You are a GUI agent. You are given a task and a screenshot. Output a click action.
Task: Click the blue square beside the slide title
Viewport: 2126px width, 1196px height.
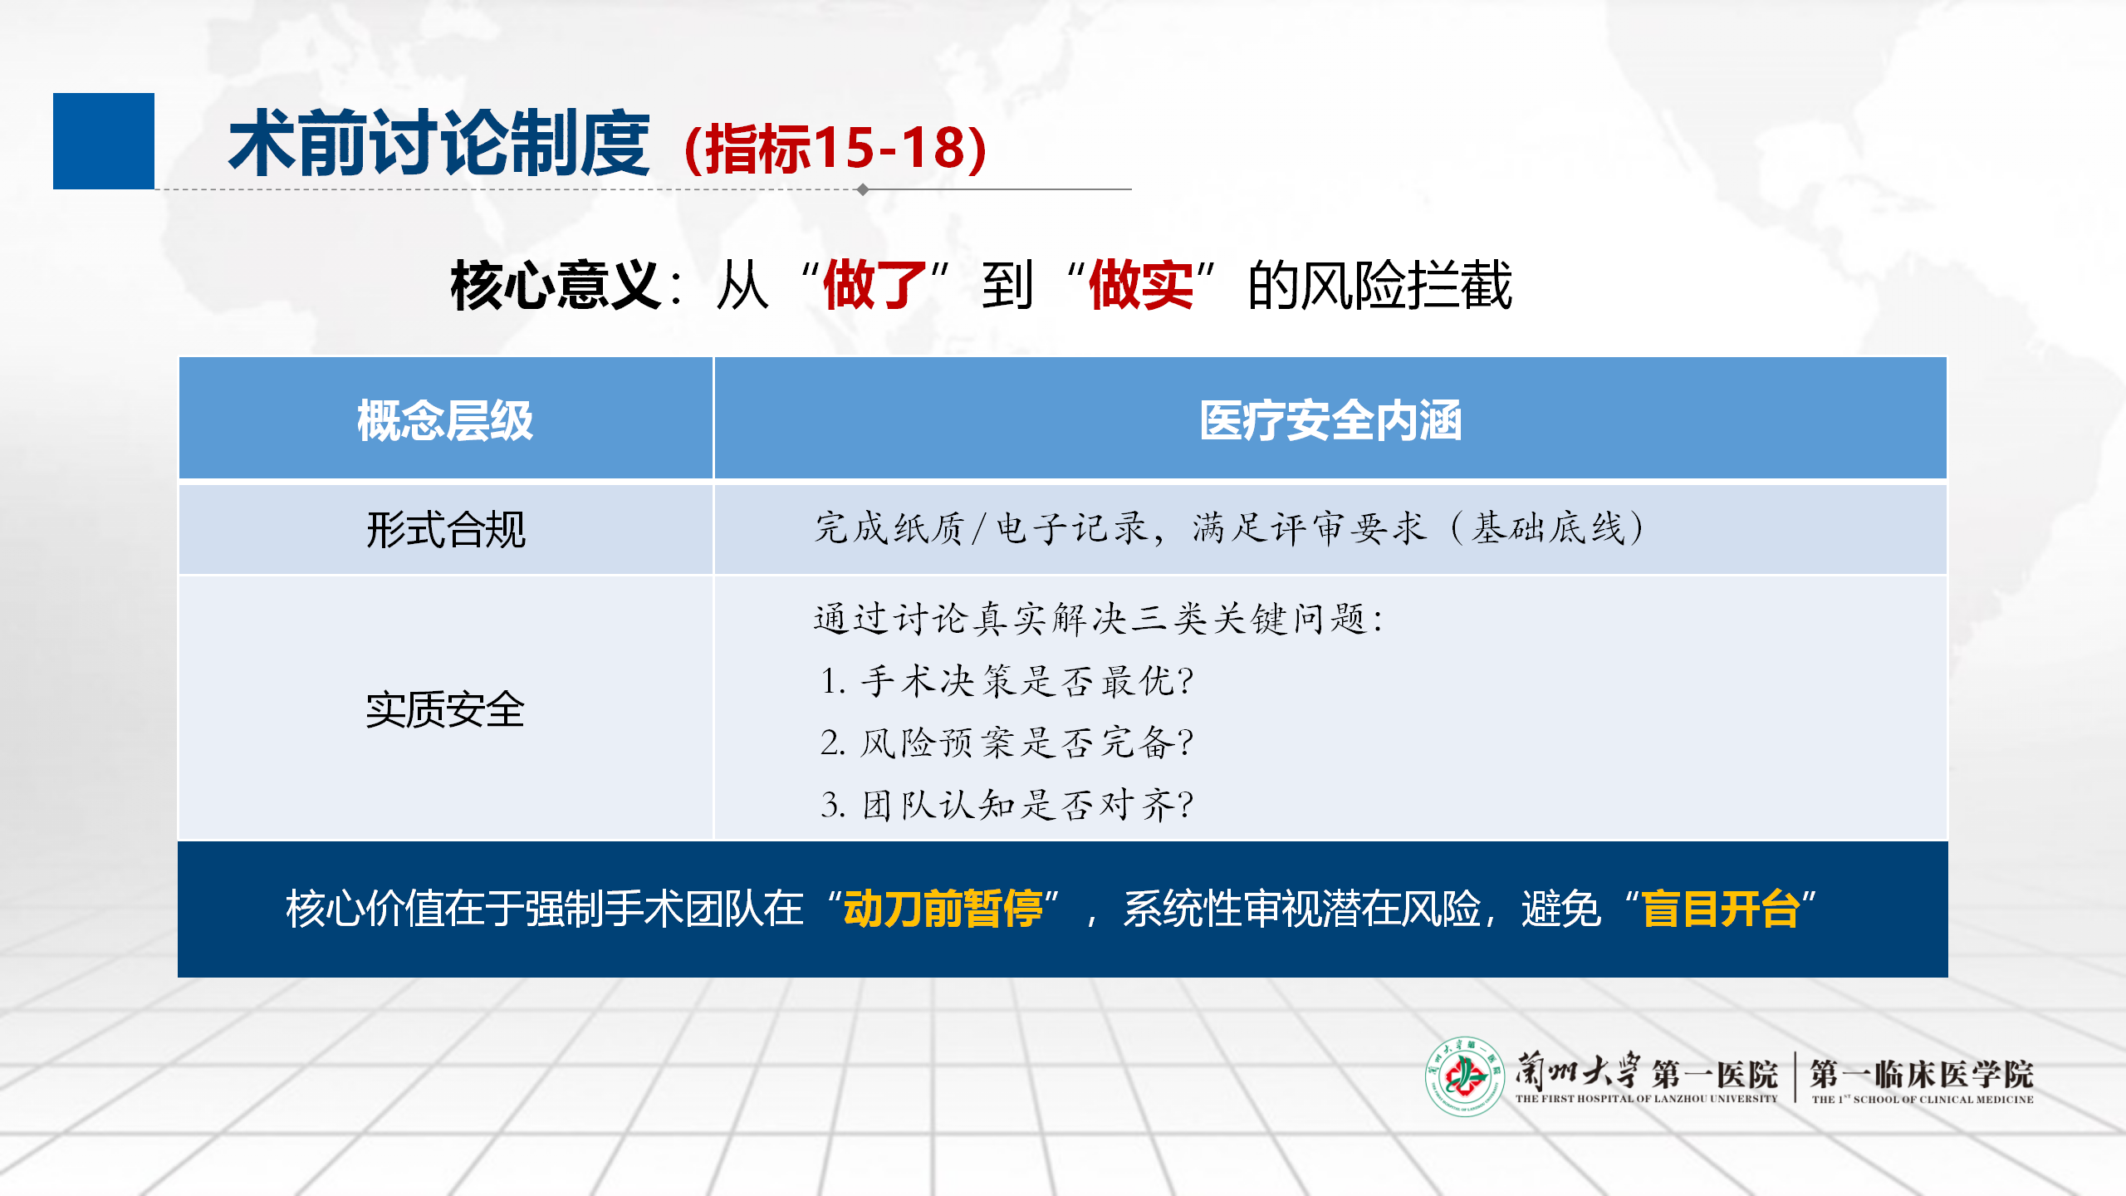coord(104,141)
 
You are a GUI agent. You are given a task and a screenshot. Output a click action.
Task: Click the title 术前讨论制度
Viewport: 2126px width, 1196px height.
coord(439,144)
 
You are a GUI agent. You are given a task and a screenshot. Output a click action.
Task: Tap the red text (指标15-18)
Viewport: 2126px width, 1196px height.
coord(835,149)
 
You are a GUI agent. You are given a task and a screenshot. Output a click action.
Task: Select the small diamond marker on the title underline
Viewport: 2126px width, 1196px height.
coord(863,189)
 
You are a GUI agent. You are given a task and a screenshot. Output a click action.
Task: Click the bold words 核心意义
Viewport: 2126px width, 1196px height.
coord(556,285)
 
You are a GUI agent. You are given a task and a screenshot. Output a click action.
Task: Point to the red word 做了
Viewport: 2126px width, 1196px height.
coord(875,285)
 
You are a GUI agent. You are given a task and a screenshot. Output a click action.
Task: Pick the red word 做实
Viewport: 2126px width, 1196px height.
coord(1141,285)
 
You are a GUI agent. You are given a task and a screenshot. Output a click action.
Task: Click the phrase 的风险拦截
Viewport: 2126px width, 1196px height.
coord(1380,285)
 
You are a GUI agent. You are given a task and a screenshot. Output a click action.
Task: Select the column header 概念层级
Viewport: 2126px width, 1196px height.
coord(445,420)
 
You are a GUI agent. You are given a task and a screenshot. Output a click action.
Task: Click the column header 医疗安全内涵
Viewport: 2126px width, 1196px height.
coord(1330,420)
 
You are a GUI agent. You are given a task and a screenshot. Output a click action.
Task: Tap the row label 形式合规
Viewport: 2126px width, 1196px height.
coord(446,529)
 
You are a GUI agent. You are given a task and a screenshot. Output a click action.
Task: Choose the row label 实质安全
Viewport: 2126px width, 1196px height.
coord(445,710)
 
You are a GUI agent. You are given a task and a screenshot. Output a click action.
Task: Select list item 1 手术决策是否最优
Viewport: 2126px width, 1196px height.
coord(1007,681)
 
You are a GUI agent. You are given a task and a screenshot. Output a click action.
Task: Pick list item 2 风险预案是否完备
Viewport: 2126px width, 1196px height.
coord(1007,743)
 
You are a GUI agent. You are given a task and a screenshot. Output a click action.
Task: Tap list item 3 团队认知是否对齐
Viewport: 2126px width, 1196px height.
coord(1007,804)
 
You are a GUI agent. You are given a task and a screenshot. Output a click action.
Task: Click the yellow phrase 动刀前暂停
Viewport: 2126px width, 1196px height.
coord(943,908)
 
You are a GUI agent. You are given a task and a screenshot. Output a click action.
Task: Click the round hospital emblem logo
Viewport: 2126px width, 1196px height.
coord(1465,1076)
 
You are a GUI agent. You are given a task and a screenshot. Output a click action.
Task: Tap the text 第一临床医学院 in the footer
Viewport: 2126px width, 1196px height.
coord(1922,1074)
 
